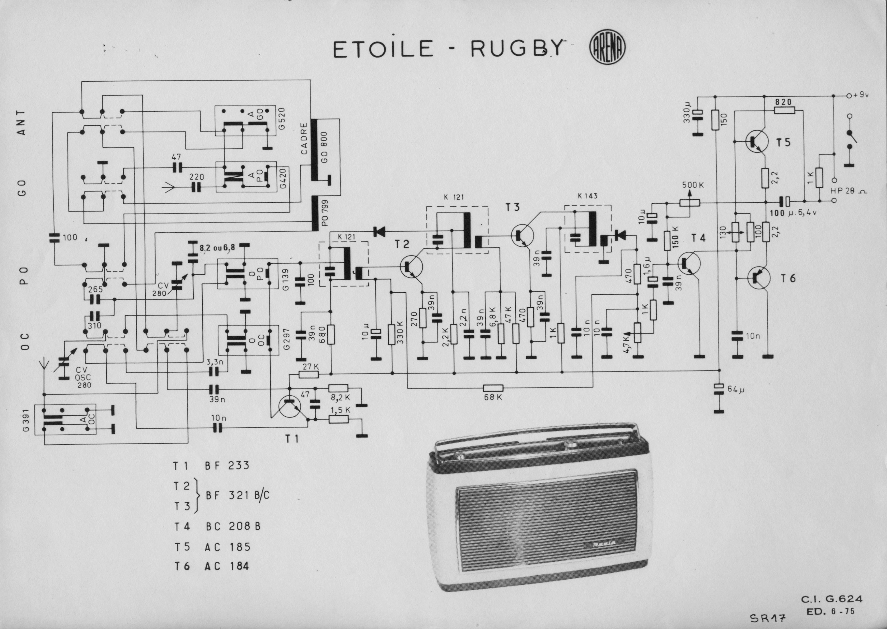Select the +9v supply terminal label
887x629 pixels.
[860, 95]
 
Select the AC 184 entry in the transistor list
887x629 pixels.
[227, 566]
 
